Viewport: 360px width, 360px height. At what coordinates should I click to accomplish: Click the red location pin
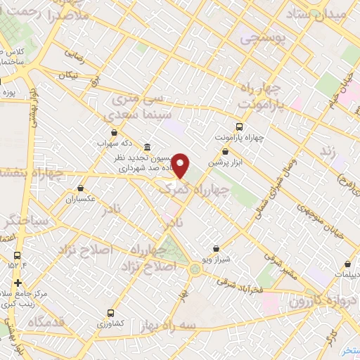[x=181, y=165]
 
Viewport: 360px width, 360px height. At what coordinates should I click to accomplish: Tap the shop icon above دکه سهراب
[x=115, y=131]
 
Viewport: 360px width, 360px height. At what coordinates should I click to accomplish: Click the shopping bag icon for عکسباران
[x=82, y=188]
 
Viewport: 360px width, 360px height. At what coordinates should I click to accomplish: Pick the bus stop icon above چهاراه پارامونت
[x=239, y=127]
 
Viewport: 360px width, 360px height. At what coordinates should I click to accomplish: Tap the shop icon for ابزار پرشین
[x=225, y=151]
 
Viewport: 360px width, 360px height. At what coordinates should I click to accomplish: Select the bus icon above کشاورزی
[x=111, y=312]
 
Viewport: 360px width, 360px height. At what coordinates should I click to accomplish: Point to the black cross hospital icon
[x=18, y=282]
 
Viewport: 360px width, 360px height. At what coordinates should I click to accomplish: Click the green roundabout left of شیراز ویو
[x=195, y=268]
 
